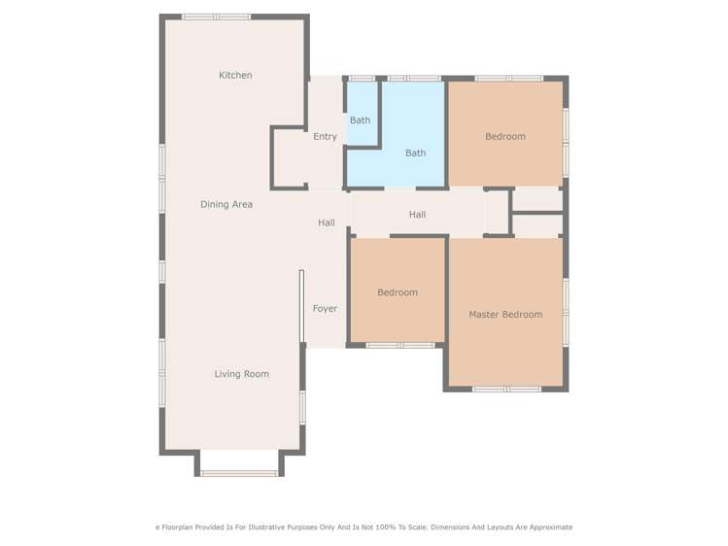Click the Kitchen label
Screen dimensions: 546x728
point(235,75)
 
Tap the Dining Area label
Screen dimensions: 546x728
point(226,204)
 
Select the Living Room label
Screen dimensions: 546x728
point(242,374)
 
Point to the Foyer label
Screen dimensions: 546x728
point(325,309)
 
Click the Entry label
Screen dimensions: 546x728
point(325,137)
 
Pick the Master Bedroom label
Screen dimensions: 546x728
point(505,315)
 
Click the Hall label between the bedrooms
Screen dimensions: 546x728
point(417,215)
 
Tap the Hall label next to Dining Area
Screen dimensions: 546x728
point(327,222)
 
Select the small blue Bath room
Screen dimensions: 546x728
point(360,120)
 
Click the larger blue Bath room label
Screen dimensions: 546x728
point(415,153)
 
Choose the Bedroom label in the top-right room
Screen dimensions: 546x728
point(505,137)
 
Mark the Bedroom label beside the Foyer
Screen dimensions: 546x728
point(398,292)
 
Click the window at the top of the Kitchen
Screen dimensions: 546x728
point(216,17)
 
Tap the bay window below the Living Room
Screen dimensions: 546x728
point(239,473)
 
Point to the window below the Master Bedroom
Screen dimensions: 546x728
point(506,390)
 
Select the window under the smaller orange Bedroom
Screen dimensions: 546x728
point(399,345)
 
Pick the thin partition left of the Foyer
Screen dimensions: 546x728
point(301,306)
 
